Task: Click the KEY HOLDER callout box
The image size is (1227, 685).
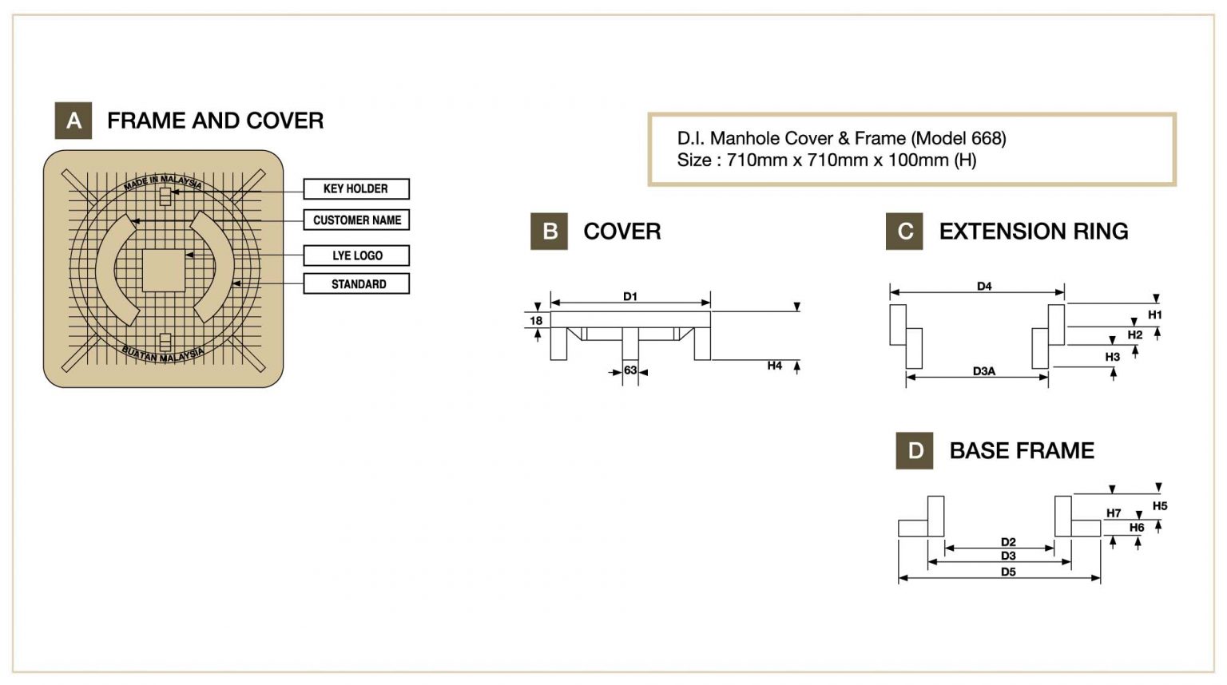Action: click(x=356, y=189)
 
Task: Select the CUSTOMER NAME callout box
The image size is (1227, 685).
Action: click(x=356, y=220)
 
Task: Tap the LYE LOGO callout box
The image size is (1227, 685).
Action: click(x=356, y=255)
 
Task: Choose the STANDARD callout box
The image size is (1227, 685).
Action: click(x=356, y=284)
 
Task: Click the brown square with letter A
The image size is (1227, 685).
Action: click(x=73, y=121)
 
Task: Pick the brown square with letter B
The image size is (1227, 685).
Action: click(x=549, y=232)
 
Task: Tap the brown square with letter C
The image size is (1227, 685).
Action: click(x=904, y=232)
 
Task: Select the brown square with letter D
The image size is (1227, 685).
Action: click(x=915, y=451)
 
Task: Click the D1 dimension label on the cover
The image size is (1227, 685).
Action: click(x=630, y=297)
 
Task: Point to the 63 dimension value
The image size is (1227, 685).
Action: click(x=630, y=370)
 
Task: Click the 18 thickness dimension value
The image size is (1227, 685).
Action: click(x=536, y=321)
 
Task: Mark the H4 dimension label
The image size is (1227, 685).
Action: click(x=774, y=366)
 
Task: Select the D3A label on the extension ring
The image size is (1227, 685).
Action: click(x=984, y=371)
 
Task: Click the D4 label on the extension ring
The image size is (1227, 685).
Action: click(x=984, y=287)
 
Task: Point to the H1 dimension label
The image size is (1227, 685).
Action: click(x=1155, y=315)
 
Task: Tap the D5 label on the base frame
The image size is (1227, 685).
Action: click(x=1008, y=572)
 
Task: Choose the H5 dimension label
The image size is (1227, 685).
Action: click(x=1160, y=506)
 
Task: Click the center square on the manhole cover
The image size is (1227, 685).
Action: click(x=164, y=270)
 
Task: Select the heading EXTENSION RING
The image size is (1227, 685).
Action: click(x=1034, y=232)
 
